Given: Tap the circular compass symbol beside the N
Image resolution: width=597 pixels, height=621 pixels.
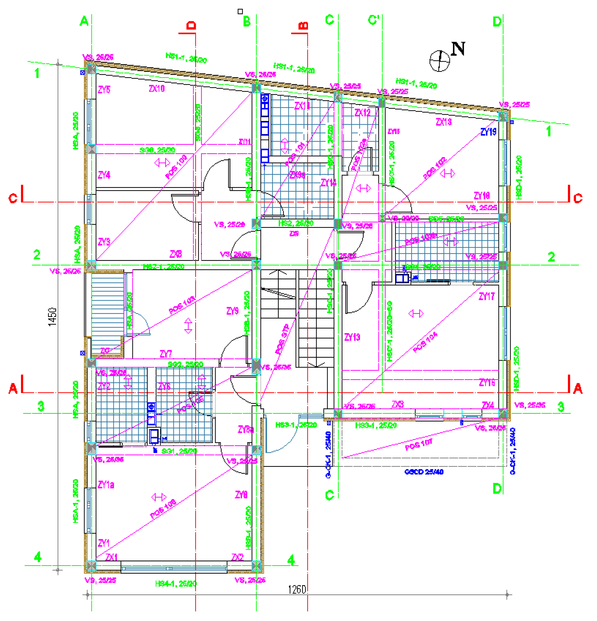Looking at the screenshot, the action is tap(439, 61).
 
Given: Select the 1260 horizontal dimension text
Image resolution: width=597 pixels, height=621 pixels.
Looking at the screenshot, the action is tap(297, 589).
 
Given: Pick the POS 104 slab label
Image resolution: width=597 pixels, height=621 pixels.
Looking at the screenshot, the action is tap(425, 342).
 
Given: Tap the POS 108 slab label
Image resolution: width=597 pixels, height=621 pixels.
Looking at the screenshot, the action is tap(163, 509).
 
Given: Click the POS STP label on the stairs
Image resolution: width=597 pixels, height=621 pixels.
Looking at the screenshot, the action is tap(282, 339).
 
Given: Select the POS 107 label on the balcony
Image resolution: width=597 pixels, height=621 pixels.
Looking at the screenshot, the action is tap(419, 444).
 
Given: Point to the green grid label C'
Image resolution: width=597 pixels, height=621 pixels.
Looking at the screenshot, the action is tap(374, 20).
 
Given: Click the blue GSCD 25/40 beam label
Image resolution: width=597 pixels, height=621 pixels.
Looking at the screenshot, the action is tap(424, 472).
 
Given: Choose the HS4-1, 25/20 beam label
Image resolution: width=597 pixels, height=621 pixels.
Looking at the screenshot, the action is tap(176, 583).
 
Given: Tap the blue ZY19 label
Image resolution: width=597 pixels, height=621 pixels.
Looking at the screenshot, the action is tap(488, 132).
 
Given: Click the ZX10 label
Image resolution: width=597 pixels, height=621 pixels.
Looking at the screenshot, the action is tap(157, 88).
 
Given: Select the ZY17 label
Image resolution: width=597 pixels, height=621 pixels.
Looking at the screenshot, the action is tap(487, 296).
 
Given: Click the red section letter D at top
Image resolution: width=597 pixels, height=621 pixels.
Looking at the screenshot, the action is tap(191, 25).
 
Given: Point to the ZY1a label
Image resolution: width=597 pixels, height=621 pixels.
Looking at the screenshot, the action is tap(106, 485).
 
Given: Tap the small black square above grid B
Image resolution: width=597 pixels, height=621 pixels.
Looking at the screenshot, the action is tap(240, 11).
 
